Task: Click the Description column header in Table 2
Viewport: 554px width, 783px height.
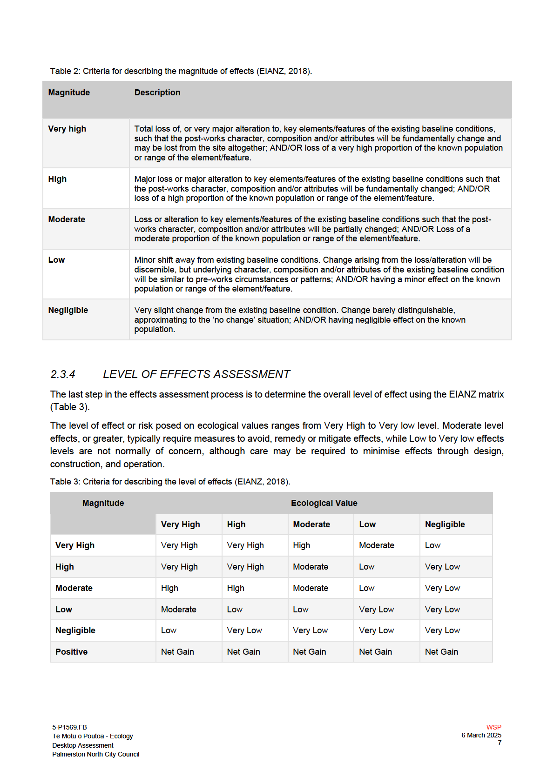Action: coord(157,93)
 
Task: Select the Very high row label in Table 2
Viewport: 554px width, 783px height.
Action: coord(67,129)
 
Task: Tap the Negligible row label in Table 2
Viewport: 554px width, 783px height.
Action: coord(68,310)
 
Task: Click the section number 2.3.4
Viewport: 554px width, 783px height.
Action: coord(62,374)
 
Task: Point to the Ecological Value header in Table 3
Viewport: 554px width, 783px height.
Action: coord(324,503)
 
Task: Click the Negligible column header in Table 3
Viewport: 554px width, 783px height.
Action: coord(445,524)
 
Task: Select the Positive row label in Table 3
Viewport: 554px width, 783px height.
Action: coord(71,652)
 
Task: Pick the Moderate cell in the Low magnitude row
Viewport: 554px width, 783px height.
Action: coord(178,610)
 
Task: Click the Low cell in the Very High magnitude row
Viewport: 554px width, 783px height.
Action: coord(432,545)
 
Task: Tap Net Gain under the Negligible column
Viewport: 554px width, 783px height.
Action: coord(441,652)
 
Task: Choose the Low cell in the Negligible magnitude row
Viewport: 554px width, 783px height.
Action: coord(169,630)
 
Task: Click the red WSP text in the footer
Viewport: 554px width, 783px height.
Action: coord(493,727)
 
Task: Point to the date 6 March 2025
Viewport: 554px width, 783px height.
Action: coord(481,735)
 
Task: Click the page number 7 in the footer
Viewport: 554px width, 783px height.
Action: coord(499,743)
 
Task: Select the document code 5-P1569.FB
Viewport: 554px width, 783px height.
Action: coord(69,727)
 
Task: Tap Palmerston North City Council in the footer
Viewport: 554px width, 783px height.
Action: coord(95,754)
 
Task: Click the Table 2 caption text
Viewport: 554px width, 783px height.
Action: coord(181,71)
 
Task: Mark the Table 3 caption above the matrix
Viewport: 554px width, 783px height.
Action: coord(170,482)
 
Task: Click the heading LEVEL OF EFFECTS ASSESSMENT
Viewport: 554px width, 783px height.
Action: coord(196,374)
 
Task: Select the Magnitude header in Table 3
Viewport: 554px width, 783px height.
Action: coord(103,503)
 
